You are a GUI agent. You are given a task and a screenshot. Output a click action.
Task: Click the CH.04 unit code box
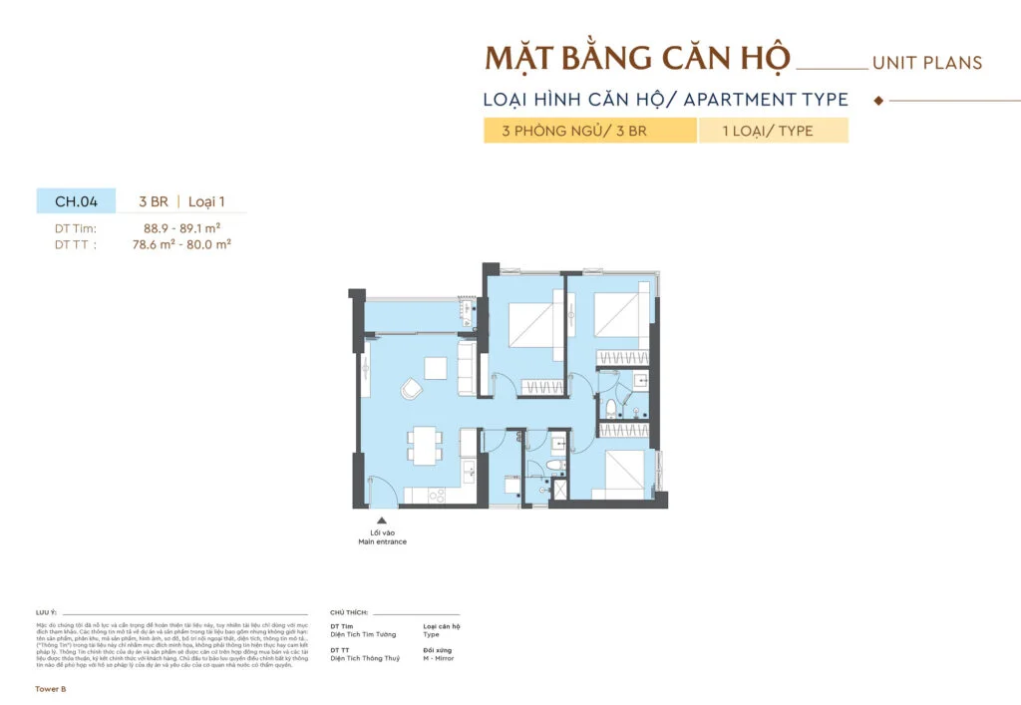[x=76, y=201]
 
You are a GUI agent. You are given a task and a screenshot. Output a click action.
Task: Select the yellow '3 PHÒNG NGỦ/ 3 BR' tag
[x=589, y=131]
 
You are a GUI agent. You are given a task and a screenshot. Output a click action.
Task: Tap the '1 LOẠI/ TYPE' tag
[x=773, y=131]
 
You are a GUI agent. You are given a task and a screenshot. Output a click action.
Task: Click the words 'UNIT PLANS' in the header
[x=926, y=63]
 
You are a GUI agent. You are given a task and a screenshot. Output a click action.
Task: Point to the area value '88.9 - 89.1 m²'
[x=181, y=228]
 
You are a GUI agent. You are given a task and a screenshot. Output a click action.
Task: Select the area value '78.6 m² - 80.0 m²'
[x=181, y=242]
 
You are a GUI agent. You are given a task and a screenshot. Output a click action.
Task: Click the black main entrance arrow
[x=381, y=520]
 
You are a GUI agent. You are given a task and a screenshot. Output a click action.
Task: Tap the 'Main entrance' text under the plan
[x=383, y=542]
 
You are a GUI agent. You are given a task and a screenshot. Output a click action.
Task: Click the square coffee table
[x=436, y=367]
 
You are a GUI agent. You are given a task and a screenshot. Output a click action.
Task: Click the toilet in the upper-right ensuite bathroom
[x=611, y=408]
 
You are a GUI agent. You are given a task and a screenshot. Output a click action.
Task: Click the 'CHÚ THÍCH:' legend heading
[x=349, y=612]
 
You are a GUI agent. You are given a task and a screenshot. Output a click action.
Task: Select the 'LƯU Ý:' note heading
[x=46, y=612]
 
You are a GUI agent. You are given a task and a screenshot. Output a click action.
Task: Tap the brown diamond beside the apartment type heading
[x=877, y=101]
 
